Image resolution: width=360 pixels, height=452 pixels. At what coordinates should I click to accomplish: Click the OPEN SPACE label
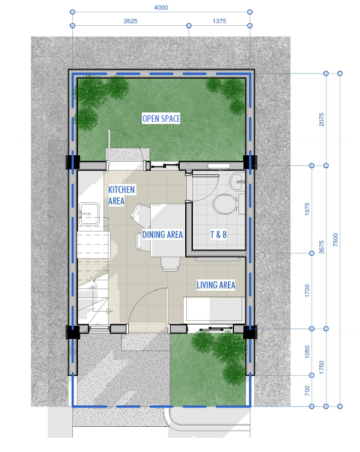161,118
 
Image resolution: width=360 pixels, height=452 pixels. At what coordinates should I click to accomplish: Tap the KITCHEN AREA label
121,195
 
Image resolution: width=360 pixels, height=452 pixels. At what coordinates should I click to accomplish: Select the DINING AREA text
163,235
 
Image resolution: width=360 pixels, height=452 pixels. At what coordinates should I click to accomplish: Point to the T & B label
219,235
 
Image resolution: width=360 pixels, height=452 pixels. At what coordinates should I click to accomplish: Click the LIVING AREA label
216,285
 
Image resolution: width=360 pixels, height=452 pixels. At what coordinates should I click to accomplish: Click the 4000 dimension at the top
161,8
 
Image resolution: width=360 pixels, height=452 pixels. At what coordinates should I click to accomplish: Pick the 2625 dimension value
130,21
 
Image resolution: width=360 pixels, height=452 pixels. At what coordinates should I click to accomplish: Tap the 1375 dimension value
220,21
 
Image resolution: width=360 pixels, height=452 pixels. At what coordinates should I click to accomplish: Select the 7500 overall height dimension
335,240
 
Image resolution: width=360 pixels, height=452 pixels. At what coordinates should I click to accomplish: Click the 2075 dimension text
322,120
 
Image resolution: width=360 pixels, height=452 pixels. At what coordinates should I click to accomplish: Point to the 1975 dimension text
307,210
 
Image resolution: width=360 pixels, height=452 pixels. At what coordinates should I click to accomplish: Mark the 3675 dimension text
322,247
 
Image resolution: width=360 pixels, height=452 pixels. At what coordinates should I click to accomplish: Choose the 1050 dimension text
307,352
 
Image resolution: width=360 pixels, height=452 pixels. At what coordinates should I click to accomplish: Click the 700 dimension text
307,391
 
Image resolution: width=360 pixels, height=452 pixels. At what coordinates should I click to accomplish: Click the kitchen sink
89,213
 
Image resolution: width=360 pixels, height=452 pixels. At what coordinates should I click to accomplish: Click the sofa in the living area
214,310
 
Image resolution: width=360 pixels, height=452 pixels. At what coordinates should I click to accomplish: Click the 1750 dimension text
322,368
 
